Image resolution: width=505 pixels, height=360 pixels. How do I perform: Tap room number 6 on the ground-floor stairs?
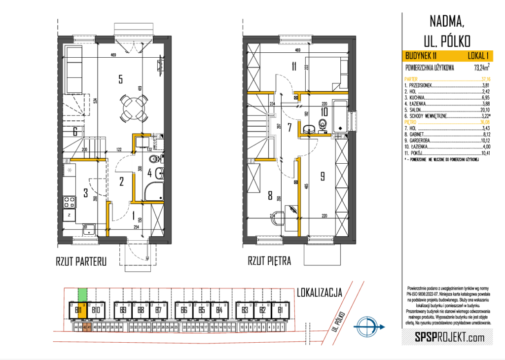tap(74, 132)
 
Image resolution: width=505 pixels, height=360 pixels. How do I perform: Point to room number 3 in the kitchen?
tap(85, 193)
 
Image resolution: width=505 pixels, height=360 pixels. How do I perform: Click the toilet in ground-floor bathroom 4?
tap(154, 159)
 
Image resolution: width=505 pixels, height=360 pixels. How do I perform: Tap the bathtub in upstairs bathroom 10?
tap(340, 116)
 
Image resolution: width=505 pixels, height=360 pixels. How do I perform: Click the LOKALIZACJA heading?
tap(319, 293)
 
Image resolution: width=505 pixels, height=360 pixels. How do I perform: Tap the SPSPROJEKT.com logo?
tap(442, 337)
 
